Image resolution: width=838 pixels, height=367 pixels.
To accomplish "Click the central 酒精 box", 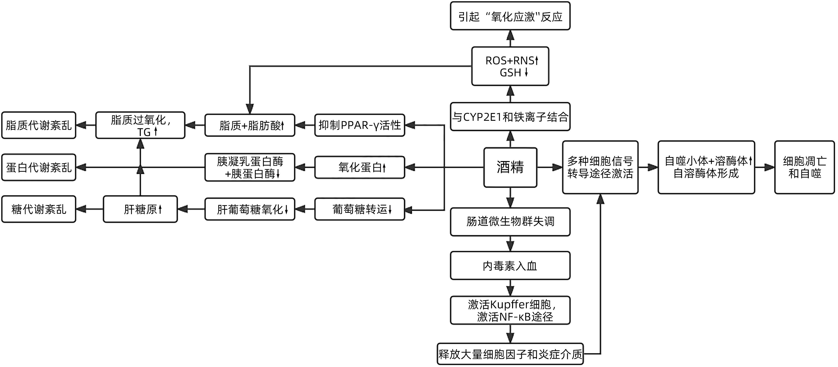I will (510, 167).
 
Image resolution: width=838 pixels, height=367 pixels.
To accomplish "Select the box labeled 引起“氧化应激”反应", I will (510, 16).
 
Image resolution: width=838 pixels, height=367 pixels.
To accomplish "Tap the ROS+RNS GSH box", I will (510, 66).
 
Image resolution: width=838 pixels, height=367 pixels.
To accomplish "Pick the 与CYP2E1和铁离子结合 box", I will (510, 117).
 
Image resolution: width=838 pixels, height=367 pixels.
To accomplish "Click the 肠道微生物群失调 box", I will (510, 222).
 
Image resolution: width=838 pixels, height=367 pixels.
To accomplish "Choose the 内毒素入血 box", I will (510, 266).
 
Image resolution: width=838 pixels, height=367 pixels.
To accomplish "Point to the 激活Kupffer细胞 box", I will (510, 310).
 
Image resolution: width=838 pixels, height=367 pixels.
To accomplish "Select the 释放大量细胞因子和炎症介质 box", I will (510, 354).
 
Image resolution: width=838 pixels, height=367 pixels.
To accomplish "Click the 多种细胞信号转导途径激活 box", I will (600, 167).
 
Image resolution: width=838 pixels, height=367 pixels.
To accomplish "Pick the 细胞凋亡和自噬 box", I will (805, 167).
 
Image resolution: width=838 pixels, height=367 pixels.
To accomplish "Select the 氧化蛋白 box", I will (360, 167).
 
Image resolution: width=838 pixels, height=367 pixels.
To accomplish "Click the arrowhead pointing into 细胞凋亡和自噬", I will (770, 167).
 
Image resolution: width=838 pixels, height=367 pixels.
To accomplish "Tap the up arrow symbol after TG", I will (156, 132).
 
